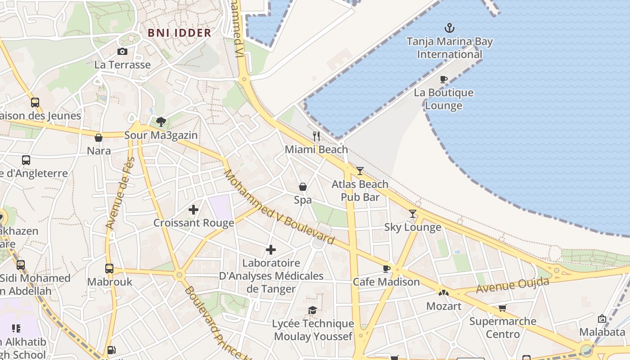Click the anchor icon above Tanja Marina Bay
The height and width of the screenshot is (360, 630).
click(x=449, y=28)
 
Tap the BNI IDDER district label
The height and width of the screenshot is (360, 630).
click(x=180, y=33)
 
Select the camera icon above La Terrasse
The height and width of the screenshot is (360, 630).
click(x=122, y=52)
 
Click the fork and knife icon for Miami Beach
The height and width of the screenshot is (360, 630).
click(x=316, y=136)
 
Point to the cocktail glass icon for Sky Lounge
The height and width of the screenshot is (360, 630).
click(x=413, y=214)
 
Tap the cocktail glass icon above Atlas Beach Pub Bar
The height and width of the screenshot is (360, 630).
click(x=360, y=171)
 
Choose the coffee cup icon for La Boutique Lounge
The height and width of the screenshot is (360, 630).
click(x=444, y=80)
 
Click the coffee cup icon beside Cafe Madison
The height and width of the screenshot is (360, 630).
click(x=386, y=269)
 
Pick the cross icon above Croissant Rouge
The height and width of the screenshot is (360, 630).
click(x=193, y=210)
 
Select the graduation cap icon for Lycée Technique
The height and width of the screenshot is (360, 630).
click(x=312, y=310)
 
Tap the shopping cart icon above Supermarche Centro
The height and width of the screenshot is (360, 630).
click(x=502, y=308)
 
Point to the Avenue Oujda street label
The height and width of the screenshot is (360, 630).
click(x=513, y=285)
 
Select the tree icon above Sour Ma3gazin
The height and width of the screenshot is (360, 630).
click(x=161, y=121)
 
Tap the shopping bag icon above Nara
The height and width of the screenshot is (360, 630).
click(x=99, y=138)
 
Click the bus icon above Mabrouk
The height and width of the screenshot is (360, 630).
click(x=109, y=269)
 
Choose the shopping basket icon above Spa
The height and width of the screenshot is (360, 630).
click(x=303, y=187)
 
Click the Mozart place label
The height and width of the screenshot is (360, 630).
click(x=444, y=306)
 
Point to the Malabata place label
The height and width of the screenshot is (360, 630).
click(x=602, y=332)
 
